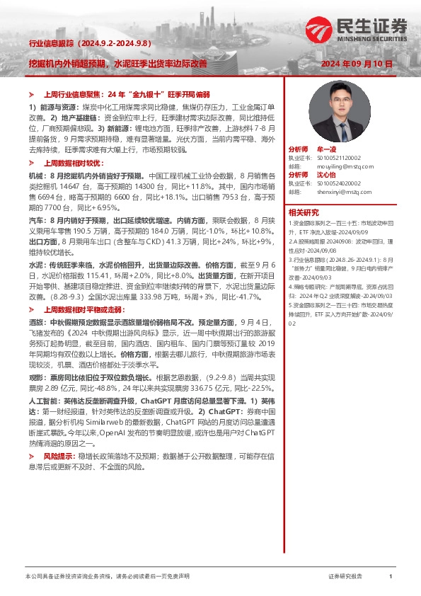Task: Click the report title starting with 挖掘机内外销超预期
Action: (117, 64)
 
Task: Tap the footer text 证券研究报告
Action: (345, 577)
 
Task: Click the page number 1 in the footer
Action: (391, 577)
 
